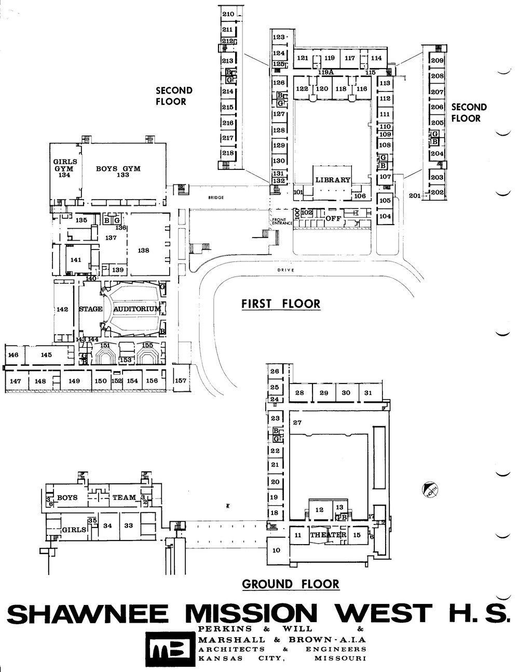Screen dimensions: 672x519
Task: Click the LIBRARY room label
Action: [x=333, y=180]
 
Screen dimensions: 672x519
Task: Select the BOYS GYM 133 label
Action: [x=118, y=172]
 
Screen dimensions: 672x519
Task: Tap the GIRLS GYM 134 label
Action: [x=65, y=168]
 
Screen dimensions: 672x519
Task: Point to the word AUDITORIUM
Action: [x=137, y=309]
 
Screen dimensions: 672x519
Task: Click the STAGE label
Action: [x=91, y=309]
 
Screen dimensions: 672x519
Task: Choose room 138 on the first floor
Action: [x=144, y=251]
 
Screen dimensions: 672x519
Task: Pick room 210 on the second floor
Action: [x=228, y=14]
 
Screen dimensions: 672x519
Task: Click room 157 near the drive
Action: [x=180, y=380]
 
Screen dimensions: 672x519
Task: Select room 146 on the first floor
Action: [x=13, y=355]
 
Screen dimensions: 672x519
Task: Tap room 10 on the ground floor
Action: [x=276, y=550]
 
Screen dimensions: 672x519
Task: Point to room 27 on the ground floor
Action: [x=297, y=423]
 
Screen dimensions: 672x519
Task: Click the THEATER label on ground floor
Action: [x=328, y=535]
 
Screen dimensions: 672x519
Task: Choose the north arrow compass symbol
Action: [x=430, y=490]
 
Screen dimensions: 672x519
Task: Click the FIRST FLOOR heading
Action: [x=281, y=304]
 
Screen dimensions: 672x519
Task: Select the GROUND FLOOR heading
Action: [x=291, y=584]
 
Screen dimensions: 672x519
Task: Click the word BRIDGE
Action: [x=215, y=197]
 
